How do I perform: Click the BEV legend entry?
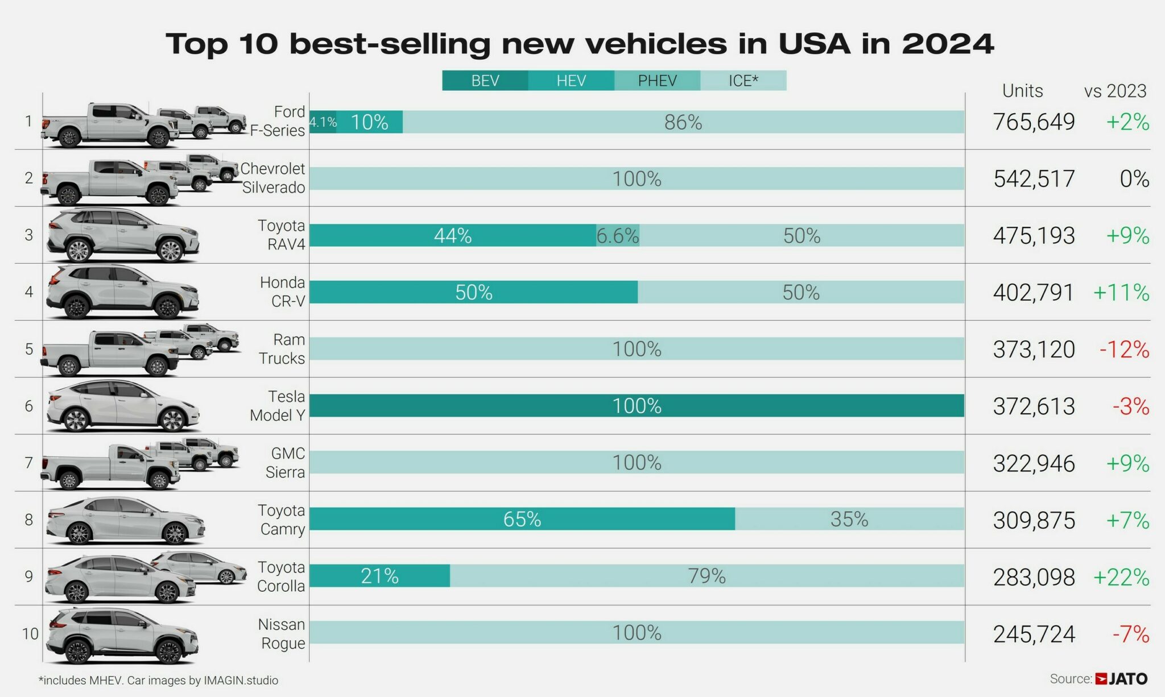[x=485, y=81]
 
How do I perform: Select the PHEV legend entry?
[x=657, y=81]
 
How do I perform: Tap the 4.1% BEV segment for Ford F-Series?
[x=323, y=122]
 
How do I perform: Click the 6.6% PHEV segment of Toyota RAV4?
[x=618, y=235]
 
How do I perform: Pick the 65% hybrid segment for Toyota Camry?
[x=522, y=519]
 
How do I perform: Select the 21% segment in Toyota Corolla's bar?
[x=379, y=576]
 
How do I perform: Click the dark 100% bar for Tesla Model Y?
[x=637, y=406]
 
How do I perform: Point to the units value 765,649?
[x=1034, y=122]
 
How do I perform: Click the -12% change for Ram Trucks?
[x=1124, y=349]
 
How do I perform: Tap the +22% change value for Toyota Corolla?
[x=1121, y=577]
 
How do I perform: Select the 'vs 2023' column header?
[x=1115, y=91]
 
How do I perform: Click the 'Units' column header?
[x=1022, y=91]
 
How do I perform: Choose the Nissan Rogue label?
[x=282, y=633]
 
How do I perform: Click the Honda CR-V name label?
[x=283, y=292]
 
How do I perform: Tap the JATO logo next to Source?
[x=1121, y=679]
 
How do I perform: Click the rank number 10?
[x=30, y=633]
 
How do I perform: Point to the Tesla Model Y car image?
[x=122, y=406]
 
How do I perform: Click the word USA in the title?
[x=814, y=44]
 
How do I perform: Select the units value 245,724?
[x=1034, y=634]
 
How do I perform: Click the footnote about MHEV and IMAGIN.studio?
[x=158, y=681]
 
